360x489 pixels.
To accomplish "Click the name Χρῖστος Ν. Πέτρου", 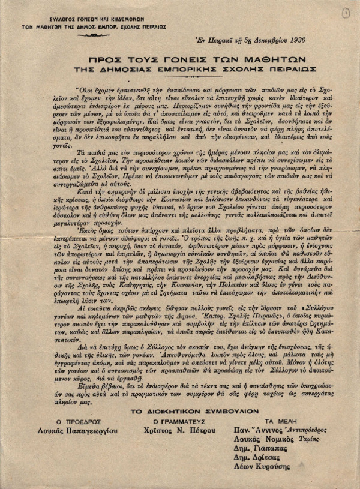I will (173, 431).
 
